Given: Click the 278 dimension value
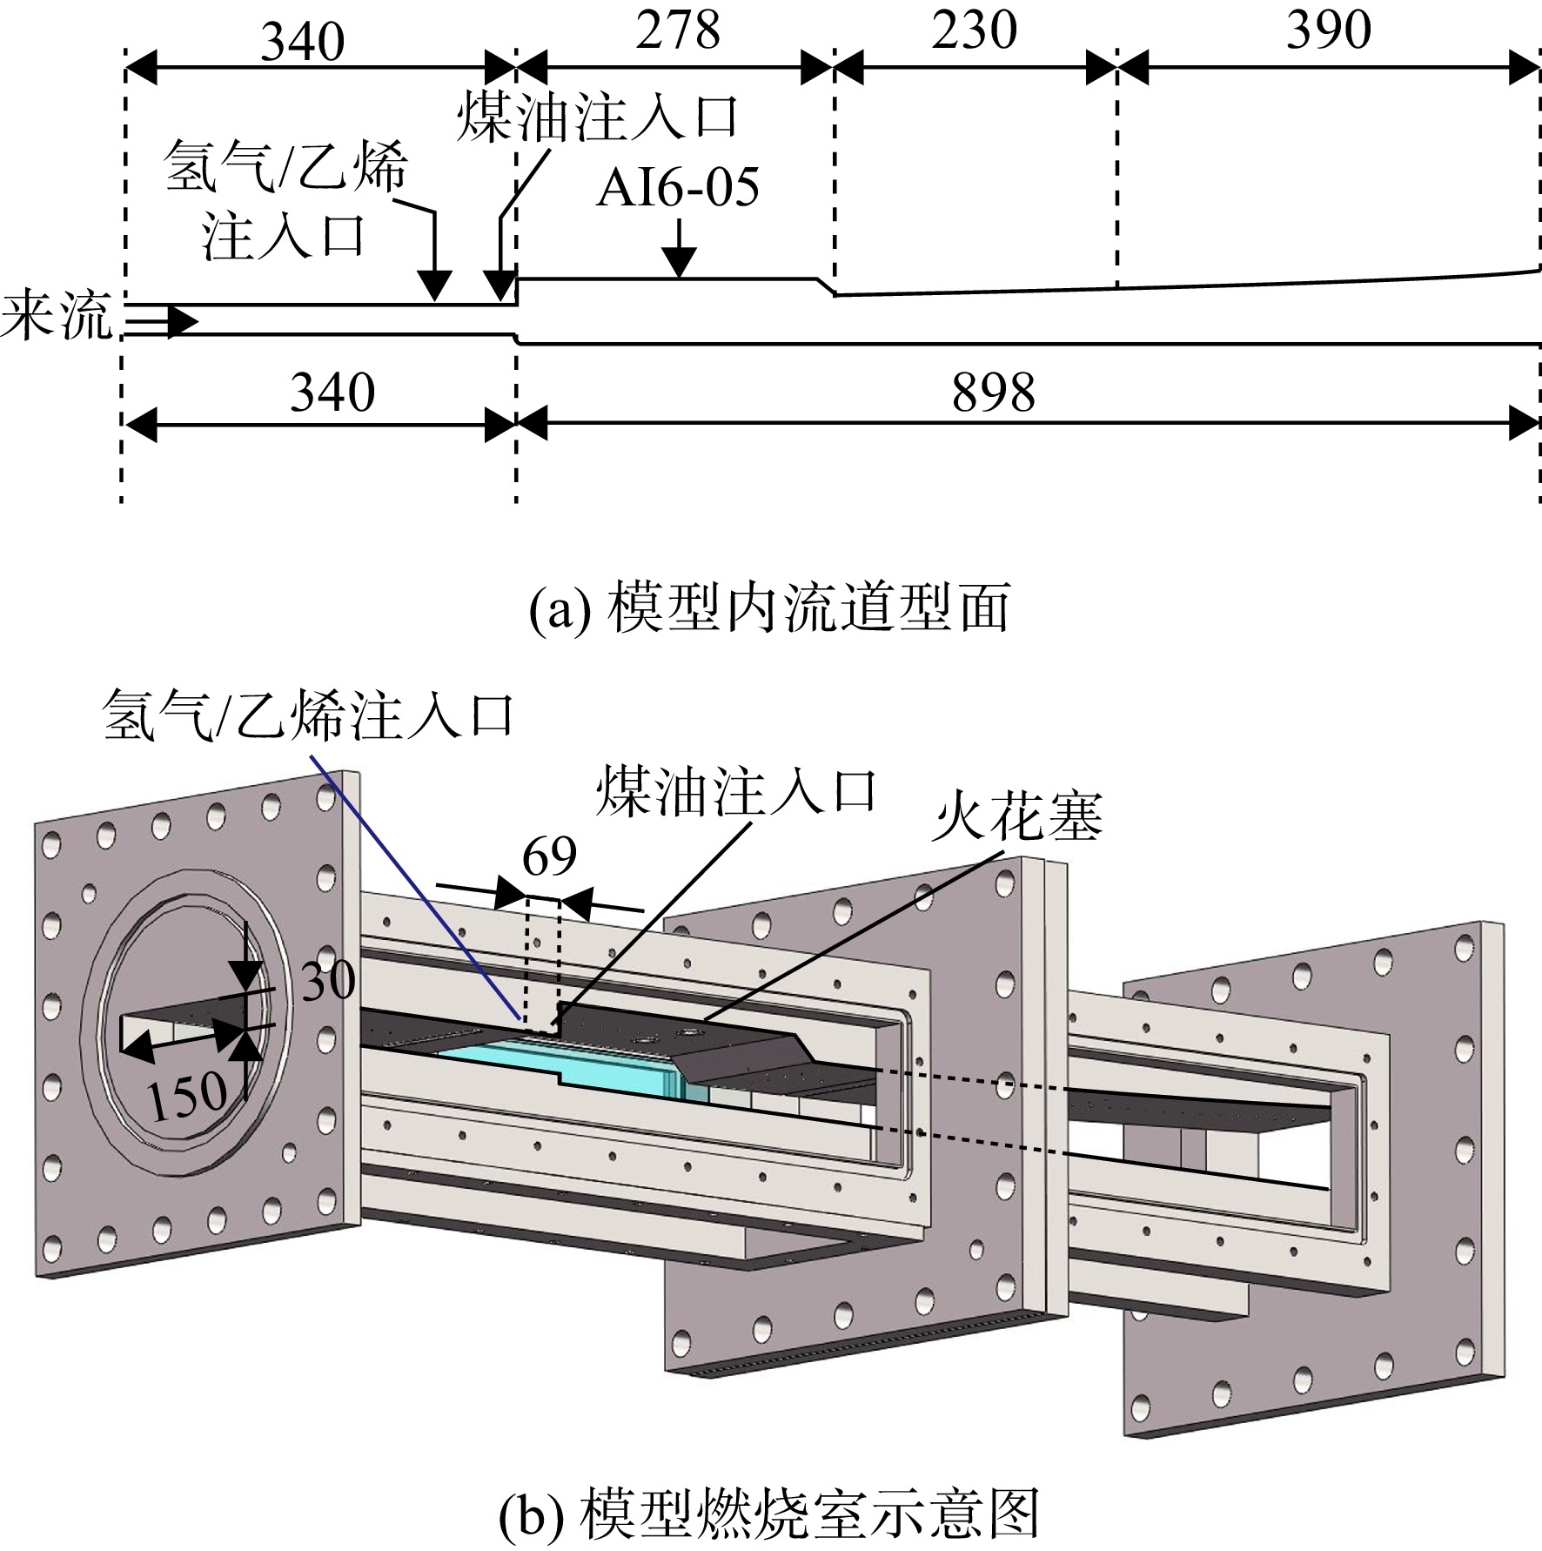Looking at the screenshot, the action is (678, 30).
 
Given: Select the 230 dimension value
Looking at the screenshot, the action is (975, 30).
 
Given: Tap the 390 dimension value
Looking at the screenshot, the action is (1329, 30).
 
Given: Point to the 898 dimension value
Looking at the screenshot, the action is (994, 393).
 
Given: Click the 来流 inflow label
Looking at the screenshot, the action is (57, 316).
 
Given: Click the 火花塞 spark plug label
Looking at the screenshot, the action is (1016, 817).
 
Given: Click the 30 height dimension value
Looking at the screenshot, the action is (328, 981).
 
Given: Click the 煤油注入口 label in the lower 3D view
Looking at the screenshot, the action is (736, 792).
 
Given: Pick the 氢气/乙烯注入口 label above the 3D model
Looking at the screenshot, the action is (307, 715).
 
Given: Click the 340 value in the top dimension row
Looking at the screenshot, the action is (303, 41).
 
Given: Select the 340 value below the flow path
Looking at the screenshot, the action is (332, 393).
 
